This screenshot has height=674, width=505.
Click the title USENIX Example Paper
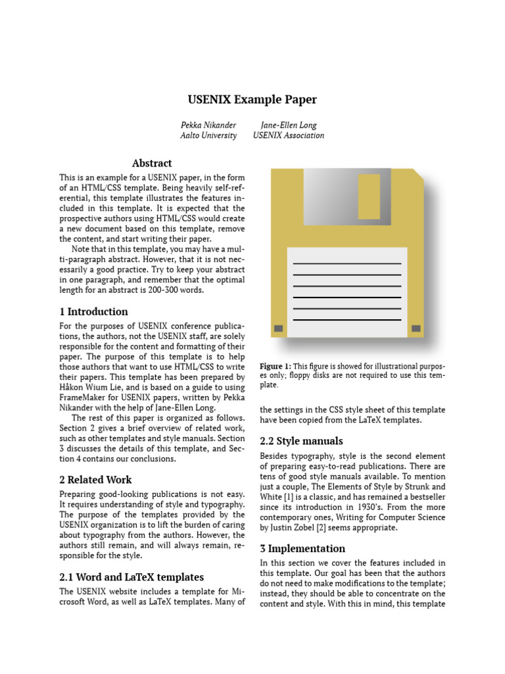coord(252,100)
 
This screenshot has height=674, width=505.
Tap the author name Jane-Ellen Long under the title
coord(288,124)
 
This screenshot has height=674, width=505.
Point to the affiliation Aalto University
coord(208,136)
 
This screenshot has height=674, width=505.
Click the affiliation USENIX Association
coord(288,136)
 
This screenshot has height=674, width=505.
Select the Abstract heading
coord(152,163)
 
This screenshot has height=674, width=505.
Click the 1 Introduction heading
coord(94,312)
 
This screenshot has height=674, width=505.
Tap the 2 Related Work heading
coord(95,480)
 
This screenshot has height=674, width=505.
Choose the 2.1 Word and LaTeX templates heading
coord(132,577)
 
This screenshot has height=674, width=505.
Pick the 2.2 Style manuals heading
coord(301,441)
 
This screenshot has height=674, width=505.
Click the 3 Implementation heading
coord(302,549)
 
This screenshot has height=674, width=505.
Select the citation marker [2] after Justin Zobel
coord(329,527)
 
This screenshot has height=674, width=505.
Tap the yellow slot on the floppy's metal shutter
coord(369,196)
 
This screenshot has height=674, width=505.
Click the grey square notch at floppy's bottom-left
coord(278,328)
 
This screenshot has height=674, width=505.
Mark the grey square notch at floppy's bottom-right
coord(416,328)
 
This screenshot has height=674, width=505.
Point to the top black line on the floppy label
coord(347,263)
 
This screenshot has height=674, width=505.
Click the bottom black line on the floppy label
coord(347,320)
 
